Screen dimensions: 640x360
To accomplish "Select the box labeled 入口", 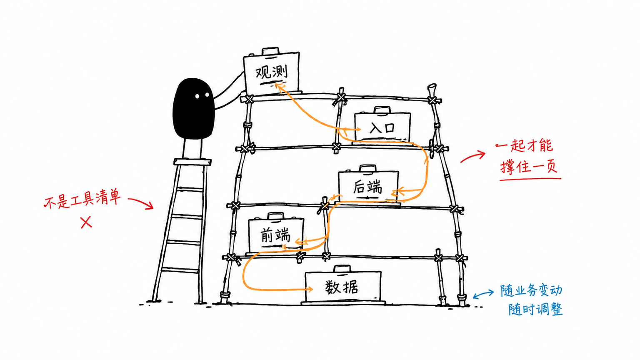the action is pos(382,127).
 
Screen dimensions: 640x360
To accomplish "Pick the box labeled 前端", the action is pos(276,235).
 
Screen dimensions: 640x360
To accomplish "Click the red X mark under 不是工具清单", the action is pos(86,222).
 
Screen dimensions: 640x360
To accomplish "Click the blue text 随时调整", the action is pos(535,309).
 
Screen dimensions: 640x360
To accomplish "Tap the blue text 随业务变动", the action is pos(531,290).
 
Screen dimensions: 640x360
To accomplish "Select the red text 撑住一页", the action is pos(529,166).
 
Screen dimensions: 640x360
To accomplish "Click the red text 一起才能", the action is pos(524,146).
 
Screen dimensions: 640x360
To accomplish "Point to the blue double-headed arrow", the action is pos(483,294).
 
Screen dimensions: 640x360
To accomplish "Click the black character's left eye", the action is pos(197,96).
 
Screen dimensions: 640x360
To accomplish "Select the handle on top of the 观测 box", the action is pos(270,51).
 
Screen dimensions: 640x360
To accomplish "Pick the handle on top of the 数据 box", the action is pos(342,269).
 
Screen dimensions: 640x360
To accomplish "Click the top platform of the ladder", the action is pos(192,162).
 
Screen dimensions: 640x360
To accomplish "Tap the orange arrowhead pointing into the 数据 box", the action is pos(310,289).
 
